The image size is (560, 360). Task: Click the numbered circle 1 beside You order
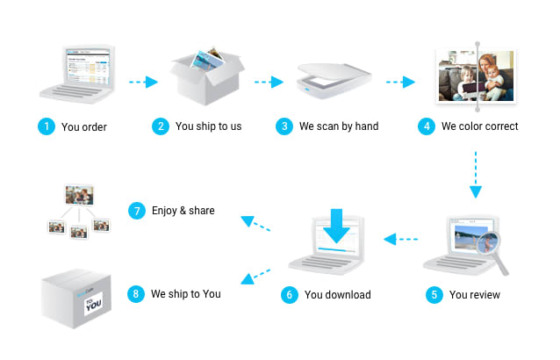[x=46, y=126]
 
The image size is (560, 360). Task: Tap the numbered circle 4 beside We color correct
[x=427, y=126]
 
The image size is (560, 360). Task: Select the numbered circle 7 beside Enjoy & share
[x=137, y=211]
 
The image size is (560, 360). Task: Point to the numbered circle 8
[x=136, y=294]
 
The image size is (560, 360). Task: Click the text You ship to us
[x=208, y=126]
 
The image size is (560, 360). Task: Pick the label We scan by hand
[x=338, y=126]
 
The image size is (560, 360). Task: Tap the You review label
[x=474, y=295]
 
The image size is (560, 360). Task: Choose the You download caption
[x=337, y=295]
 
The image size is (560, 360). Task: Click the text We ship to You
[x=185, y=294]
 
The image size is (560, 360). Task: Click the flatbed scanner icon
[x=334, y=82]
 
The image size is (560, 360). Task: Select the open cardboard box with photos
[x=205, y=75]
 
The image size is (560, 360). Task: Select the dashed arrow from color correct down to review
[x=475, y=174]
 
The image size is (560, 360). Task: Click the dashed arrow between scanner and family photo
[x=400, y=83]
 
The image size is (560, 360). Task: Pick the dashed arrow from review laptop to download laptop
[x=401, y=238]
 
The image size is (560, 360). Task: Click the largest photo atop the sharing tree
[x=78, y=194]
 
